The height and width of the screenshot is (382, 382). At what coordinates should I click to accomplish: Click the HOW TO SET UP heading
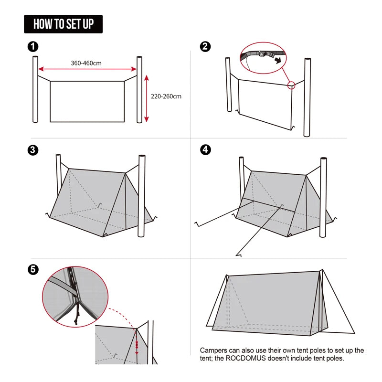click(x=63, y=24)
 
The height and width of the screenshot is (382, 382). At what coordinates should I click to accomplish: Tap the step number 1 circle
click(x=33, y=46)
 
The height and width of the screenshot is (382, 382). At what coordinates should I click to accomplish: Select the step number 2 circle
click(x=205, y=46)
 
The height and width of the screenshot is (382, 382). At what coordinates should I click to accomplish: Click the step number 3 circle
click(x=33, y=150)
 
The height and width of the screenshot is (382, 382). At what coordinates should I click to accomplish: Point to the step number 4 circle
click(x=205, y=150)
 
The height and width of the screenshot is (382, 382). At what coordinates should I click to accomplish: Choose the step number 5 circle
click(x=33, y=269)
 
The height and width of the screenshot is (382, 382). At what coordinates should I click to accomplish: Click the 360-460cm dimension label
click(x=86, y=63)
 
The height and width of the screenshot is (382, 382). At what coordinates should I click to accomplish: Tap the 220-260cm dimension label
click(x=166, y=96)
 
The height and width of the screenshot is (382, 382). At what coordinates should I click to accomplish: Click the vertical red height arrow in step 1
click(x=147, y=98)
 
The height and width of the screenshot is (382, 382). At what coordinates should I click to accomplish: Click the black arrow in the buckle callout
click(x=276, y=61)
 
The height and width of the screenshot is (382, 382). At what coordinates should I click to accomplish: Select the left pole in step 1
click(x=35, y=89)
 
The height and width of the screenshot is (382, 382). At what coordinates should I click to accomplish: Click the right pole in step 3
click(x=141, y=196)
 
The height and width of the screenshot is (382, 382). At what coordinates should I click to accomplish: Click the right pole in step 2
click(x=307, y=97)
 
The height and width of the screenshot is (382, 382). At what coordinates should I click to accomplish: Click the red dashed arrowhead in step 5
click(x=137, y=351)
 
